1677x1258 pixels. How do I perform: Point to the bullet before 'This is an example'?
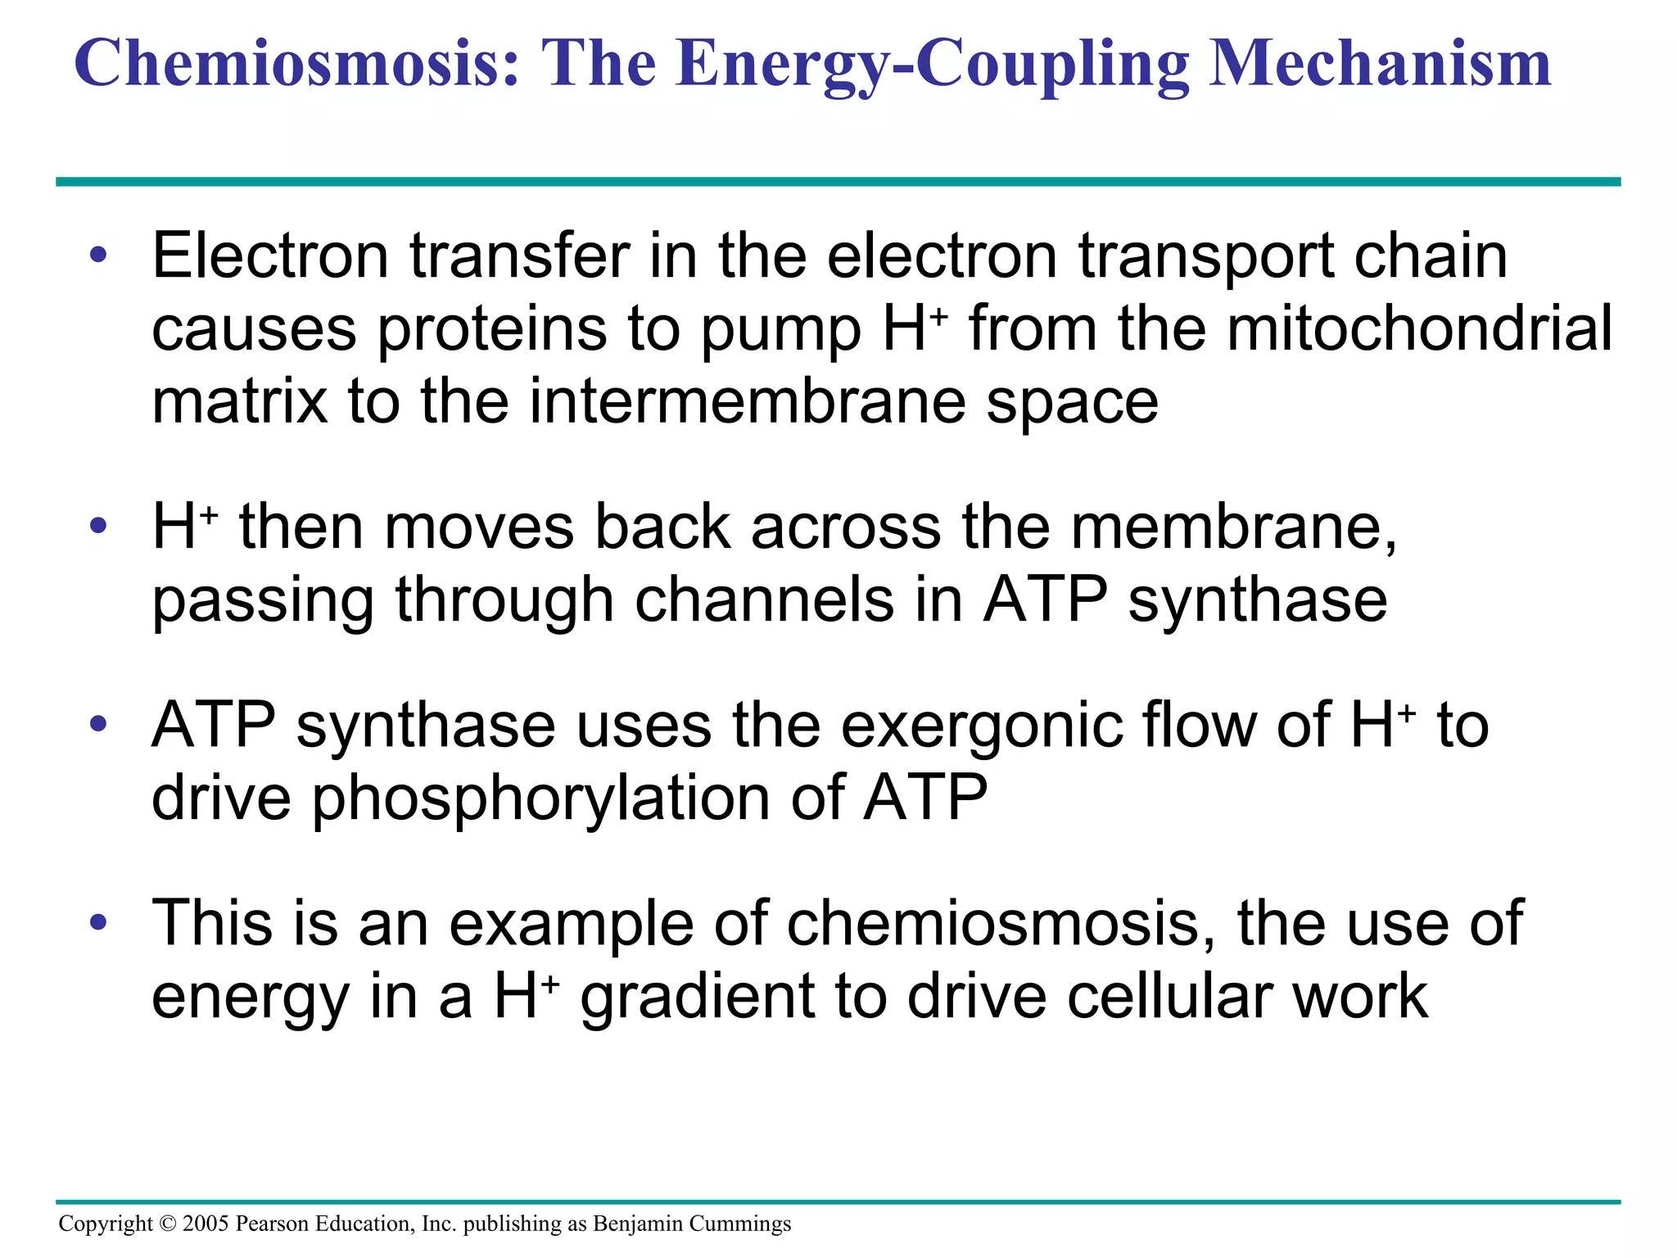click(x=99, y=922)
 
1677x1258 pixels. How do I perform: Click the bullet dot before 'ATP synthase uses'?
click(x=99, y=724)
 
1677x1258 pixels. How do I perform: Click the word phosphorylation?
click(x=541, y=798)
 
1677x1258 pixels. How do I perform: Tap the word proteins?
click(x=490, y=329)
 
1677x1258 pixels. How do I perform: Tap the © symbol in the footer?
click(x=168, y=1224)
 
